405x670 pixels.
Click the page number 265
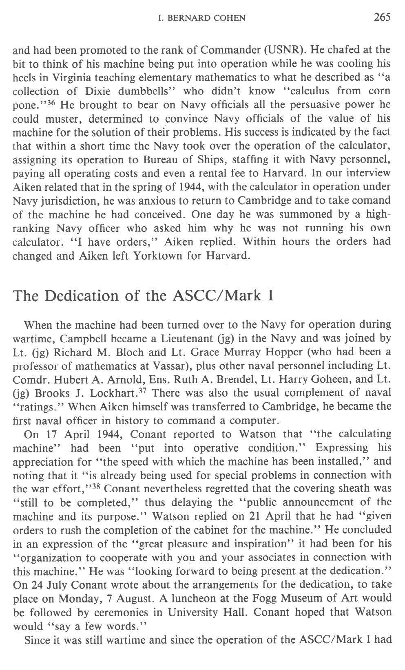point(382,17)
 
